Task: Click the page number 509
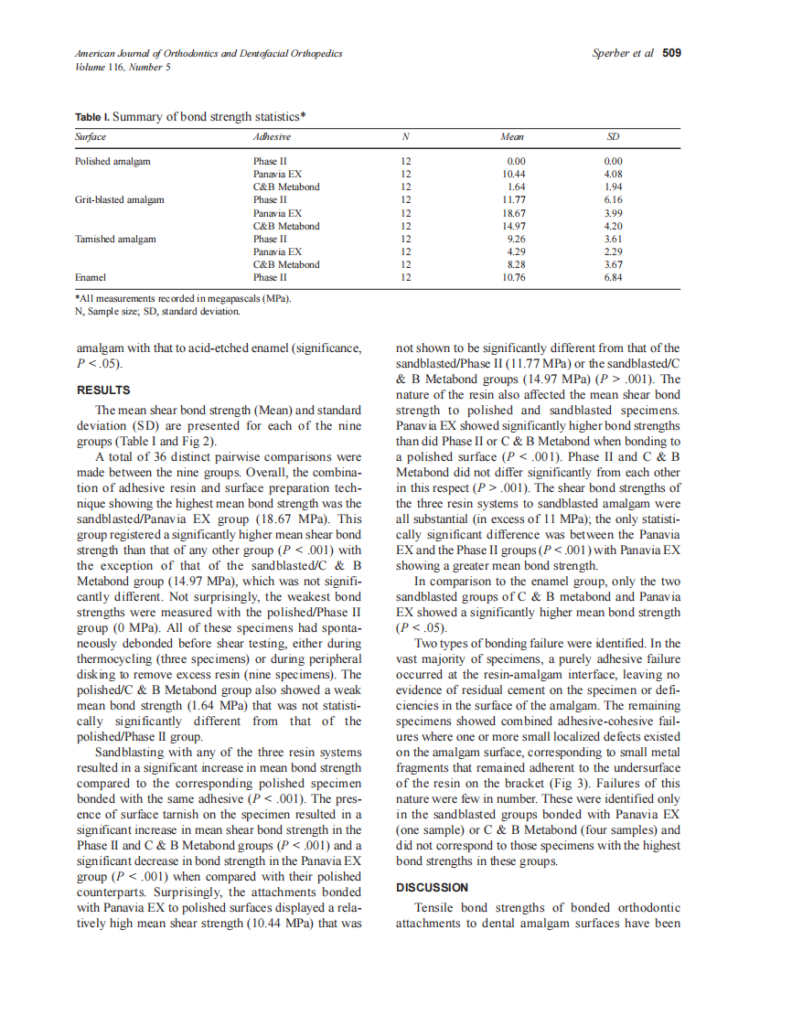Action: tap(671, 53)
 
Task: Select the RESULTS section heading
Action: tap(102, 390)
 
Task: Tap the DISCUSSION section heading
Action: tap(432, 887)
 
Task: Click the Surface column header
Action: tap(90, 137)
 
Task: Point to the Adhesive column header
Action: tap(272, 137)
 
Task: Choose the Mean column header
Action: tap(512, 137)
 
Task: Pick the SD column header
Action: tap(613, 137)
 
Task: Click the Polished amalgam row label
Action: tap(112, 161)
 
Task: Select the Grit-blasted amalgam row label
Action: tap(119, 199)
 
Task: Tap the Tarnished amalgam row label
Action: tap(115, 239)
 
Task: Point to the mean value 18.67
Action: tap(512, 212)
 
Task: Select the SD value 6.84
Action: tap(613, 277)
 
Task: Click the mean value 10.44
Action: tap(512, 174)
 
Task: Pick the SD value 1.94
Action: tap(613, 187)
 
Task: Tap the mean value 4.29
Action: tap(515, 251)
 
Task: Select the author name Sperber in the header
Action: tap(612, 53)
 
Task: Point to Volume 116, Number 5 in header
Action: tap(123, 67)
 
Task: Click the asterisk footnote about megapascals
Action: tap(183, 298)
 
